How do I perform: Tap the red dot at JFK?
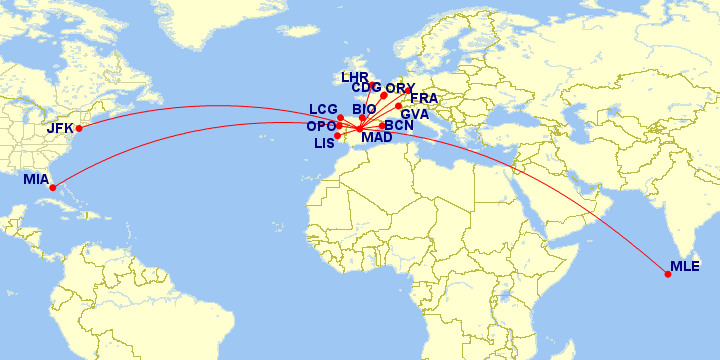[78, 128]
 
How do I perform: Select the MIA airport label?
[36, 181]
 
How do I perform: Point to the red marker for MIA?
[53, 186]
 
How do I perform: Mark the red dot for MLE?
[668, 274]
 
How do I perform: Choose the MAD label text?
[377, 138]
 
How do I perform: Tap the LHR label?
[355, 77]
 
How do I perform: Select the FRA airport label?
[424, 99]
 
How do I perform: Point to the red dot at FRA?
[407, 90]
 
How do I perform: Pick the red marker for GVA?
[398, 106]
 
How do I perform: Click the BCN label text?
[398, 126]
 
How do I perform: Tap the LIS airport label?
[324, 144]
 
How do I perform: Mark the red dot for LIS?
[337, 136]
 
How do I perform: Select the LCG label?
[323, 109]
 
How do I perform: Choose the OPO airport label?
[321, 127]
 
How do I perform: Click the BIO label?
[364, 109]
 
